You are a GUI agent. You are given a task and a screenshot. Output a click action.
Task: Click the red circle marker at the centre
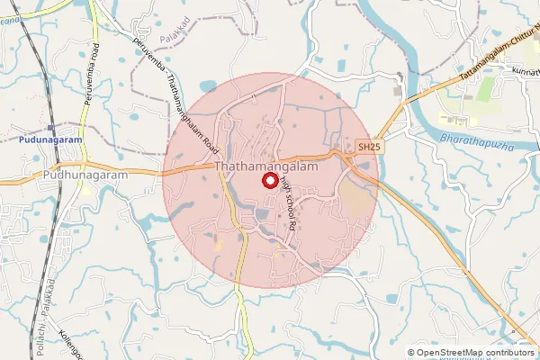click(x=269, y=180)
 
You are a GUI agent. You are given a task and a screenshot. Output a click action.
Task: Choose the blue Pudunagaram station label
click(x=49, y=139)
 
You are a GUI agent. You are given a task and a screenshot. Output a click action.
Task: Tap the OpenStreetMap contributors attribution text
click(x=473, y=353)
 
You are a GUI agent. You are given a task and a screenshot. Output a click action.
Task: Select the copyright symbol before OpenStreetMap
click(x=411, y=353)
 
